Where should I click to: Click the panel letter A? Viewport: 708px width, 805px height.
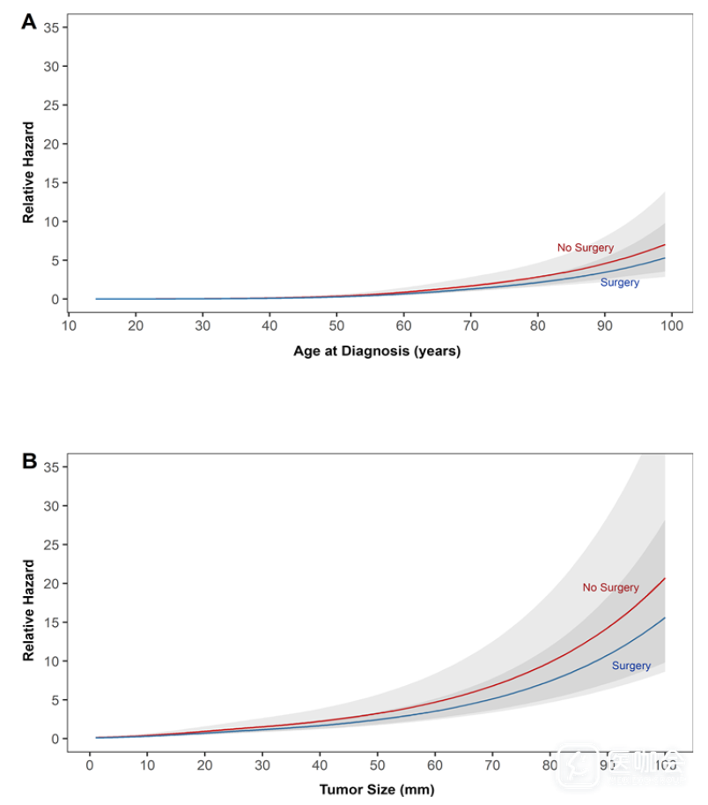29,23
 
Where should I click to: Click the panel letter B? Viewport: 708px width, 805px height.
29,460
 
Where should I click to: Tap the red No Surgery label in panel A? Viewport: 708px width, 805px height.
585,248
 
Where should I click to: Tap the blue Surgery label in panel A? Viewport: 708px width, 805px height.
619,283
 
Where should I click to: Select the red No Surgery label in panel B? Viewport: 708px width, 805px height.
610,587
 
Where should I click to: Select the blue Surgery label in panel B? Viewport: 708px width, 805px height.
631,666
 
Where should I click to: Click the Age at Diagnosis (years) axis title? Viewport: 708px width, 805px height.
377,351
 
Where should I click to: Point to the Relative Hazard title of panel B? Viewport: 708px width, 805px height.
28,610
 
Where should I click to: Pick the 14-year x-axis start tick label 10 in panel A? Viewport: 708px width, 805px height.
69,326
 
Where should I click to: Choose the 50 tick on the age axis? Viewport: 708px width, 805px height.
336,326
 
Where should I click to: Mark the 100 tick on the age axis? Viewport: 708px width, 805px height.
671,326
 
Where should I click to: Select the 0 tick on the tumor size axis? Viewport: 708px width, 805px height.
89,764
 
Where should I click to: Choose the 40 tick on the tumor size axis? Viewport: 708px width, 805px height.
320,764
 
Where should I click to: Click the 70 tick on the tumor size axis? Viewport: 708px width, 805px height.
492,764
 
